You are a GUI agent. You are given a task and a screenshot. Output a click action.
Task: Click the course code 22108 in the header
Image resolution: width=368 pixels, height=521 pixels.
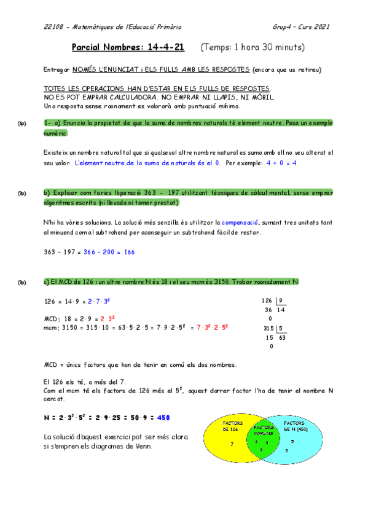(x=53, y=27)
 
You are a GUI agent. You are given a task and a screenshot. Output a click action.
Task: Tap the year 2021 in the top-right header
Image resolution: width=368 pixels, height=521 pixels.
(x=321, y=27)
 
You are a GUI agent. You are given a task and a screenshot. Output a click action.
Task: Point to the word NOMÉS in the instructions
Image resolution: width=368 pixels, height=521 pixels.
(x=90, y=70)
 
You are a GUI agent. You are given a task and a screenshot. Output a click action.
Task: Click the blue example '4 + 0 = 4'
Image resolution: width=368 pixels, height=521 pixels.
(x=281, y=163)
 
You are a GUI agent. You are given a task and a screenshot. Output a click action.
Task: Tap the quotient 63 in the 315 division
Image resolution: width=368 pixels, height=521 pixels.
(x=281, y=337)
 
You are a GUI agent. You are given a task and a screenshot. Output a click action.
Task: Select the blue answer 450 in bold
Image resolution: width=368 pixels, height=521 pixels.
(x=163, y=417)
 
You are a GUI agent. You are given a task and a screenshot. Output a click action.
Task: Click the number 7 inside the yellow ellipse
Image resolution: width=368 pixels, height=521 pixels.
(x=232, y=444)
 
